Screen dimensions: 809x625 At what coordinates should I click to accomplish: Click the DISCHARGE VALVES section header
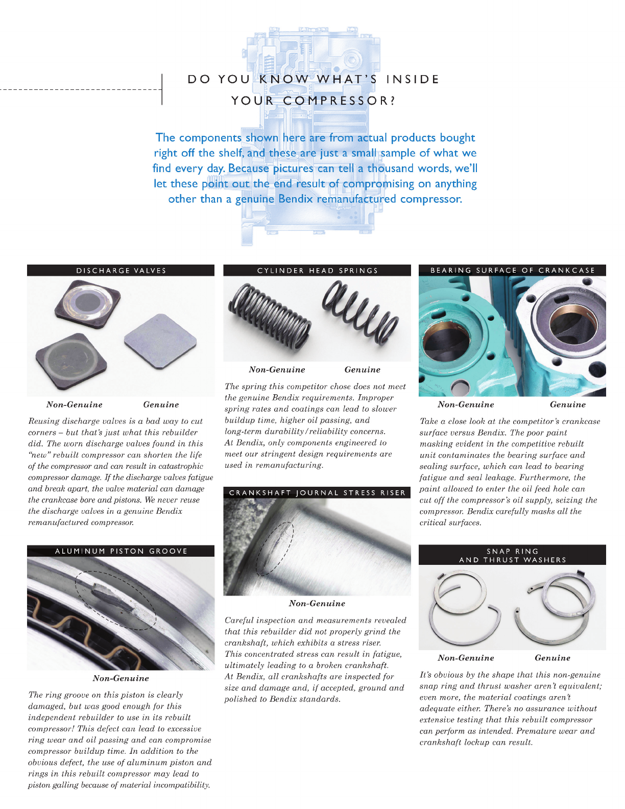click(x=121, y=270)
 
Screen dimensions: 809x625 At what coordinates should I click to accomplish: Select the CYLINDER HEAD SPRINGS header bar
click(x=317, y=270)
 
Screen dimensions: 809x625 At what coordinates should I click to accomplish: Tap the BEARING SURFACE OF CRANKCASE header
click(x=512, y=270)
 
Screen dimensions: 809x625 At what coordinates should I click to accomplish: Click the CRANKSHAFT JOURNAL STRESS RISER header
click(x=317, y=493)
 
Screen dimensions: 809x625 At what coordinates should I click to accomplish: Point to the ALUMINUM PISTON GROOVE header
click(x=121, y=551)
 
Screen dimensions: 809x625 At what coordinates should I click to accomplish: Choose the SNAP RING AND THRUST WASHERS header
click(x=512, y=555)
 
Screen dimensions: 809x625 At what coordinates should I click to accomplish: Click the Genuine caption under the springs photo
click(x=362, y=370)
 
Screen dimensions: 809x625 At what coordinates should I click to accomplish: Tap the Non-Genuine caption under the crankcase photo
click(x=466, y=404)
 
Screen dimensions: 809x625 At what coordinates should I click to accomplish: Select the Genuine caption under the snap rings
click(x=552, y=658)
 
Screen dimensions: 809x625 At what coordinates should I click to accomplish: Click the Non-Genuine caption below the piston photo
click(x=121, y=678)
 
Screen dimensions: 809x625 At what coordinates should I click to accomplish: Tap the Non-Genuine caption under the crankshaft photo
click(x=317, y=603)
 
